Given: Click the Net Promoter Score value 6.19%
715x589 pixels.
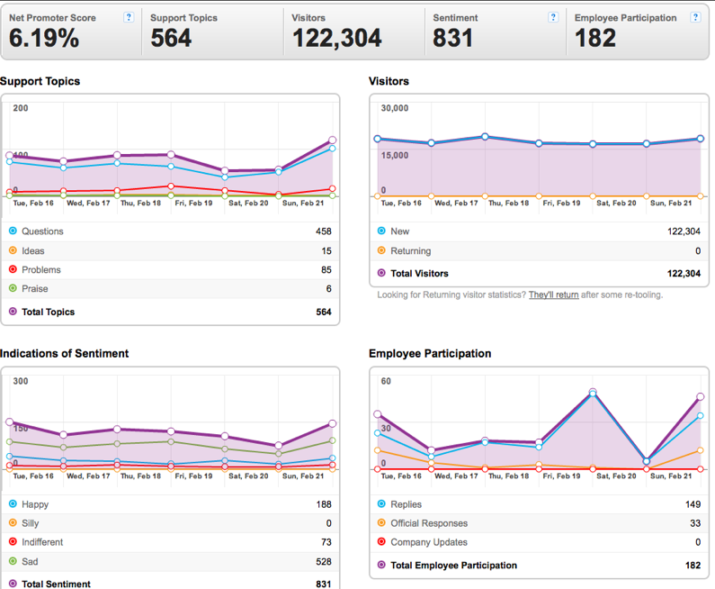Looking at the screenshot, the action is pyautogui.click(x=44, y=38).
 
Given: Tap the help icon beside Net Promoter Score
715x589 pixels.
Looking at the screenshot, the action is pyautogui.click(x=129, y=17).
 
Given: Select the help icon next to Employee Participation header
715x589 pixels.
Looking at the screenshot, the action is pyautogui.click(x=695, y=17).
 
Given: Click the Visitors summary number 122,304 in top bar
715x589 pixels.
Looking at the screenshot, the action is pyautogui.click(x=337, y=39).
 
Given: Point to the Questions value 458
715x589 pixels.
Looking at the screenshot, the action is pyautogui.click(x=323, y=231).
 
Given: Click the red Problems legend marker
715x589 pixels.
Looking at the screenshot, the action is pyautogui.click(x=13, y=269).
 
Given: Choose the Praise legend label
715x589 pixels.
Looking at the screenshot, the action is pyautogui.click(x=35, y=288).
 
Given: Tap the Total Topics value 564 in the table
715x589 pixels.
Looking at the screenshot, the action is pyautogui.click(x=323, y=312).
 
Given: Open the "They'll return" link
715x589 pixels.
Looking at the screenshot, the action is pyautogui.click(x=554, y=295).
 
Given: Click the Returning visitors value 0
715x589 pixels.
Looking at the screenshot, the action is pyautogui.click(x=698, y=250).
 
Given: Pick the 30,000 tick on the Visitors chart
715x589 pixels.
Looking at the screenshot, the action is pyautogui.click(x=395, y=108).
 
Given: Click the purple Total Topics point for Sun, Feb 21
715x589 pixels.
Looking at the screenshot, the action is pyautogui.click(x=333, y=140).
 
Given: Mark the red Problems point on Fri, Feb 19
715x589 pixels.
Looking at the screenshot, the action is pyautogui.click(x=171, y=186).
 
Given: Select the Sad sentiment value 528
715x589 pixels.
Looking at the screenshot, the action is pyautogui.click(x=323, y=562).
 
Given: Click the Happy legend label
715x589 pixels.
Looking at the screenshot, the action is pyautogui.click(x=35, y=504).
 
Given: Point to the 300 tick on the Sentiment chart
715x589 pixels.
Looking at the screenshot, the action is pyautogui.click(x=21, y=381).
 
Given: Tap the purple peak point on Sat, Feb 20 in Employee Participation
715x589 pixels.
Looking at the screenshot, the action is pyautogui.click(x=593, y=392).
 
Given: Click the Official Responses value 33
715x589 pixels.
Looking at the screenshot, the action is pyautogui.click(x=695, y=523).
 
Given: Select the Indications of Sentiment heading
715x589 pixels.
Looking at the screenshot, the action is pyautogui.click(x=64, y=353).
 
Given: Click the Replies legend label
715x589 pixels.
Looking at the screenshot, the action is pyautogui.click(x=406, y=504).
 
